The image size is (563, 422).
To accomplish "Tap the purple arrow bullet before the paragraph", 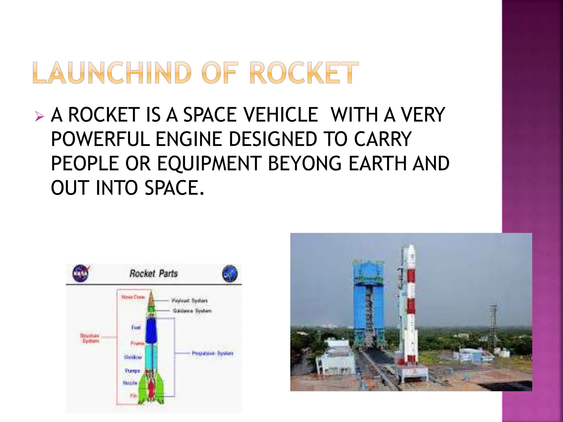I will coord(39,116).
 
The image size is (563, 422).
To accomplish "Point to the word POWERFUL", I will coord(100,139).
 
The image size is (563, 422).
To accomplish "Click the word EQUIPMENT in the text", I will coord(209,163).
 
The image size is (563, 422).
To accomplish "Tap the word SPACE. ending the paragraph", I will coord(175,188).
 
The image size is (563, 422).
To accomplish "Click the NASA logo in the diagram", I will coord(81,273).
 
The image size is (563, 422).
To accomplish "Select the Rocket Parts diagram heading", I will coord(153,273).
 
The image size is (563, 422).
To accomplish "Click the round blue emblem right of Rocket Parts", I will coord(230,274).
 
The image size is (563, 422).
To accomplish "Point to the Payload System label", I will coord(189,301).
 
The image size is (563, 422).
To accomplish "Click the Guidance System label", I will coord(192,311).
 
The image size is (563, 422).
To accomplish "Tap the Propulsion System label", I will coord(212,353).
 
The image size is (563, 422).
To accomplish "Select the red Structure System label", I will coord(90,338).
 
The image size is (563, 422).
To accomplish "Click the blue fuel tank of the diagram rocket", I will coord(151,331).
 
